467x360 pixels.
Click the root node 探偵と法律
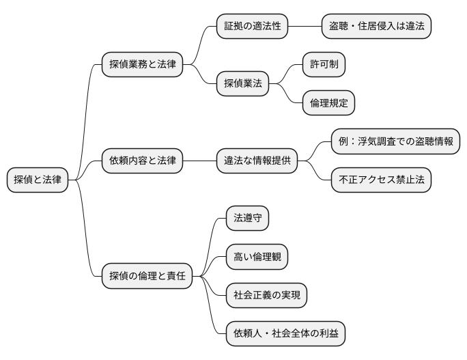pyautogui.click(x=38, y=180)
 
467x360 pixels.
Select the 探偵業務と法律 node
pyautogui.click(x=142, y=65)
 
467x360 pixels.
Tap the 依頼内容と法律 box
pyautogui.click(x=142, y=161)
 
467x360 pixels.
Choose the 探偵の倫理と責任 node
pyautogui.click(x=147, y=277)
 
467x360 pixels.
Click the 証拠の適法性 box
pyautogui.click(x=253, y=27)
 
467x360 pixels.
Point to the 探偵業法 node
pyautogui.click(x=243, y=84)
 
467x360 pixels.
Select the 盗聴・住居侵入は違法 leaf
pyautogui.click(x=377, y=27)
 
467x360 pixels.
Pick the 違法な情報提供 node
pyautogui.click(x=257, y=161)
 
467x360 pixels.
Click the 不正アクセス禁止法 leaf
pyautogui.click(x=382, y=180)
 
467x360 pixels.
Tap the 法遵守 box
pyautogui.click(x=248, y=219)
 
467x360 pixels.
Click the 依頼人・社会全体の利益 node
pyautogui.click(x=286, y=334)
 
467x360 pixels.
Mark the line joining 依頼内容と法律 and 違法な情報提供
pyautogui.click(x=200, y=161)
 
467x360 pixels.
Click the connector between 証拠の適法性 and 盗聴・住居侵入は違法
pyautogui.click(x=305, y=27)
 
